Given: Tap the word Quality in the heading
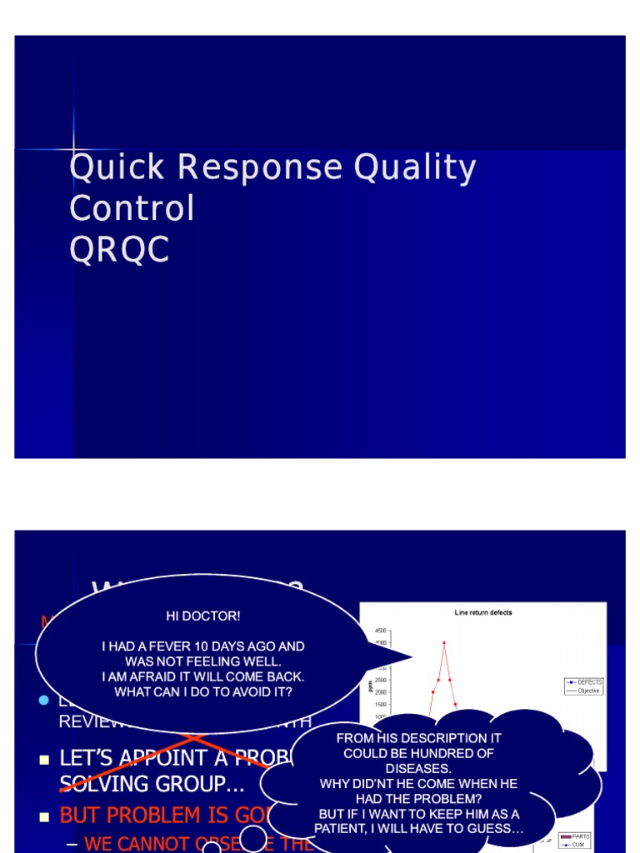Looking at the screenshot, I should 414,167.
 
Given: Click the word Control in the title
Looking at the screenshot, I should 132,208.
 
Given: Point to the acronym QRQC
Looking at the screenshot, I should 119,248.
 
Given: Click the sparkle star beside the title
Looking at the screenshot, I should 73,149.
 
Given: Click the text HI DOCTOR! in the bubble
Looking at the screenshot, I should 202,616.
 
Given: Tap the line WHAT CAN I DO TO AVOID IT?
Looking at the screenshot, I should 202,691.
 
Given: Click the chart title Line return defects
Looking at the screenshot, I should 483,612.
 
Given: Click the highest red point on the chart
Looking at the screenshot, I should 444,642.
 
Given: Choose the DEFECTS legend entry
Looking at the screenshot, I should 588,681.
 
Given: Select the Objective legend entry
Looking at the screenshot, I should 588,690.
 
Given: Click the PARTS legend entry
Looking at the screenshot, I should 580,836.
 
